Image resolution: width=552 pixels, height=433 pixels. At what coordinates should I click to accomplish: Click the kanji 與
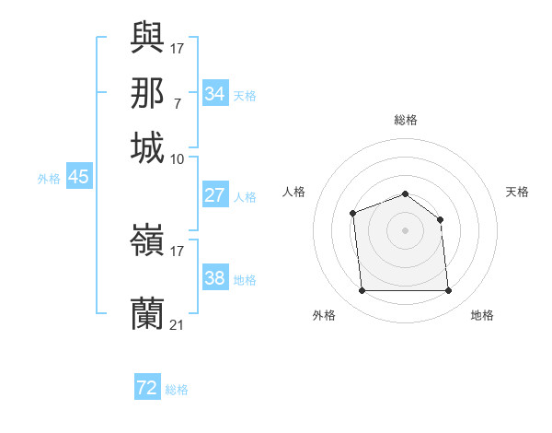pyautogui.click(x=147, y=37)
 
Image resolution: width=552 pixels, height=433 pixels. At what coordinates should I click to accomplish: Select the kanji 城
pyautogui.click(x=147, y=147)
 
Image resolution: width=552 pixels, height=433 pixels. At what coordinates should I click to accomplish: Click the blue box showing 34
pyautogui.click(x=214, y=94)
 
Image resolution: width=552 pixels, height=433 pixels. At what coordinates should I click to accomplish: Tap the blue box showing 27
pyautogui.click(x=214, y=195)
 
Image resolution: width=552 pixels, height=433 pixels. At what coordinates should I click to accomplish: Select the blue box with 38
pyautogui.click(x=214, y=278)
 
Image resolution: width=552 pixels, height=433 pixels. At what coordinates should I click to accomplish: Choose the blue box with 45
pyautogui.click(x=78, y=177)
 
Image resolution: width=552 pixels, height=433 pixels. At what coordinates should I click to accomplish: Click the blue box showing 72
pyautogui.click(x=146, y=388)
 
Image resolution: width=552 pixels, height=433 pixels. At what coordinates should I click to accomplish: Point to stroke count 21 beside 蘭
pyautogui.click(x=177, y=324)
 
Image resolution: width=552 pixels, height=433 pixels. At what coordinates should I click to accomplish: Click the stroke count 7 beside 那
pyautogui.click(x=177, y=103)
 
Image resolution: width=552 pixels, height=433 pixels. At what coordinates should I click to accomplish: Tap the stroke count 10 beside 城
pyautogui.click(x=177, y=158)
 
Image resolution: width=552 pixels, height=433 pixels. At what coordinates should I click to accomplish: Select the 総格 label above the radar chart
pyautogui.click(x=406, y=120)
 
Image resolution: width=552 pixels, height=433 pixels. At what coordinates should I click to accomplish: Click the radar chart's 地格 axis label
pyautogui.click(x=482, y=315)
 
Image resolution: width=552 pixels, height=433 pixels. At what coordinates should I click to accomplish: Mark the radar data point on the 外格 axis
pyautogui.click(x=362, y=291)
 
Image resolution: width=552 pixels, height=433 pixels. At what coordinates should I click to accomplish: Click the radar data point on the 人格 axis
pyautogui.click(x=353, y=214)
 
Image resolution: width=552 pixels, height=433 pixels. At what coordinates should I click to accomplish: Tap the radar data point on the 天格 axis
pyautogui.click(x=441, y=219)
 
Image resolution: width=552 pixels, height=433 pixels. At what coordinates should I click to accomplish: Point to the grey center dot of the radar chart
pyautogui.click(x=406, y=230)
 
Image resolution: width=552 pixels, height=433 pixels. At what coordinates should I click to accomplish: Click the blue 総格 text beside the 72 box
pyautogui.click(x=177, y=390)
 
